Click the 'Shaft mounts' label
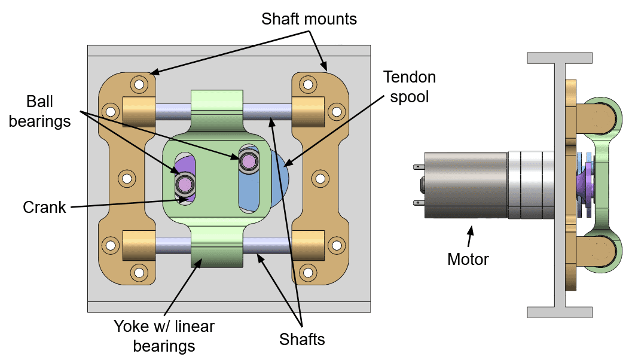pyautogui.click(x=309, y=19)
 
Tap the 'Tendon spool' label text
pyautogui.click(x=410, y=87)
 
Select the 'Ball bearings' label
pyautogui.click(x=39, y=111)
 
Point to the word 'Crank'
pyautogui.click(x=44, y=208)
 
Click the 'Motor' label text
pyautogui.click(x=468, y=259)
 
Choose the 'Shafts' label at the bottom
pyautogui.click(x=302, y=340)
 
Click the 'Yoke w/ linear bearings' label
pyautogui.click(x=164, y=336)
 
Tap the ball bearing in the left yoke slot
pyautogui.click(x=185, y=184)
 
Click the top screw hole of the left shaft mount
pyautogui.click(x=139, y=85)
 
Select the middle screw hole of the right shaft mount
pyautogui.click(x=320, y=178)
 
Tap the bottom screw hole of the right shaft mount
pyautogui.click(x=308, y=273)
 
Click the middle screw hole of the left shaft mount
pyautogui.click(x=127, y=178)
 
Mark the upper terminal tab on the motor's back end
pyautogui.click(x=419, y=166)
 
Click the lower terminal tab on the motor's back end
pyautogui.click(x=419, y=203)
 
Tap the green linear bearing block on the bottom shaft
pyautogui.click(x=217, y=250)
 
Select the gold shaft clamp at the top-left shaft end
pyautogui.click(x=139, y=112)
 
